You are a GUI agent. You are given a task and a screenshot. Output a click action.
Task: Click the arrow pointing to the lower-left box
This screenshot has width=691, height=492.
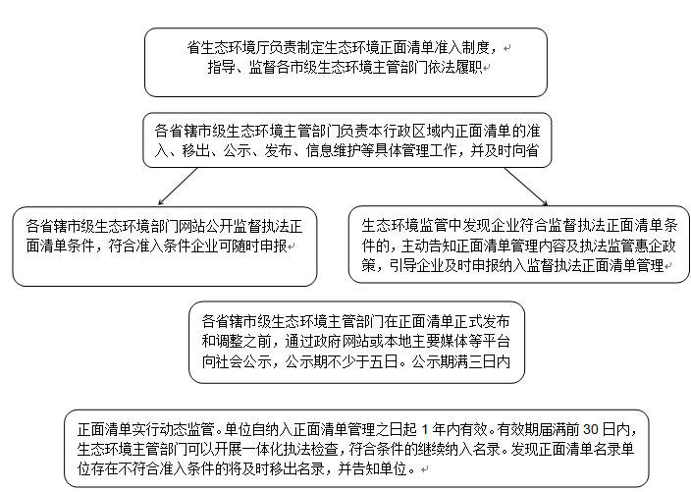click(x=178, y=186)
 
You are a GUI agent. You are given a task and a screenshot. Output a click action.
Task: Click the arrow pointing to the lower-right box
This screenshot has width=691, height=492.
click(x=526, y=187)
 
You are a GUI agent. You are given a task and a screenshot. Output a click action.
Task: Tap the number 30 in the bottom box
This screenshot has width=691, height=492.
click(x=592, y=429)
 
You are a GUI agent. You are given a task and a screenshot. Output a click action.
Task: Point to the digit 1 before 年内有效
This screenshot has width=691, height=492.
click(x=425, y=429)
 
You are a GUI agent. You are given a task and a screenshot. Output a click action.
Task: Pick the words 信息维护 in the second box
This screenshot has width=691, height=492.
click(x=334, y=151)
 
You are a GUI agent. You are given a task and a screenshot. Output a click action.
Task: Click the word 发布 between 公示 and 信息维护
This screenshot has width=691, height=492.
click(x=278, y=151)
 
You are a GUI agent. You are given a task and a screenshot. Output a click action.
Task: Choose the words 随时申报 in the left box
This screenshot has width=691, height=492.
click(x=259, y=246)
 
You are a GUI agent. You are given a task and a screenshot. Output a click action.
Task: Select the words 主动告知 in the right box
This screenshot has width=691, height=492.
click(x=430, y=246)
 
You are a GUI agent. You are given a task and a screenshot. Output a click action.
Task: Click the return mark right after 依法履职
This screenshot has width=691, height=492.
click(x=487, y=69)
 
